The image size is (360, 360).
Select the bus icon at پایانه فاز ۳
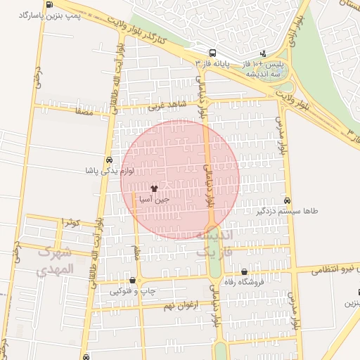(x=212, y=53)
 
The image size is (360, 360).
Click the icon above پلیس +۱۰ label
(x=263, y=53)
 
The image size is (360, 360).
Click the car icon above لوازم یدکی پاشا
(x=108, y=160)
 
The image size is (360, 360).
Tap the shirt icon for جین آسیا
(x=154, y=188)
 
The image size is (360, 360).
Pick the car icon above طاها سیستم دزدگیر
(x=288, y=200)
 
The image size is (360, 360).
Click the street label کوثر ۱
(x=72, y=222)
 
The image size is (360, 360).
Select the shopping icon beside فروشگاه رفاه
(x=244, y=271)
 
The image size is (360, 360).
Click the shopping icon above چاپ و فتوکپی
(x=132, y=280)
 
